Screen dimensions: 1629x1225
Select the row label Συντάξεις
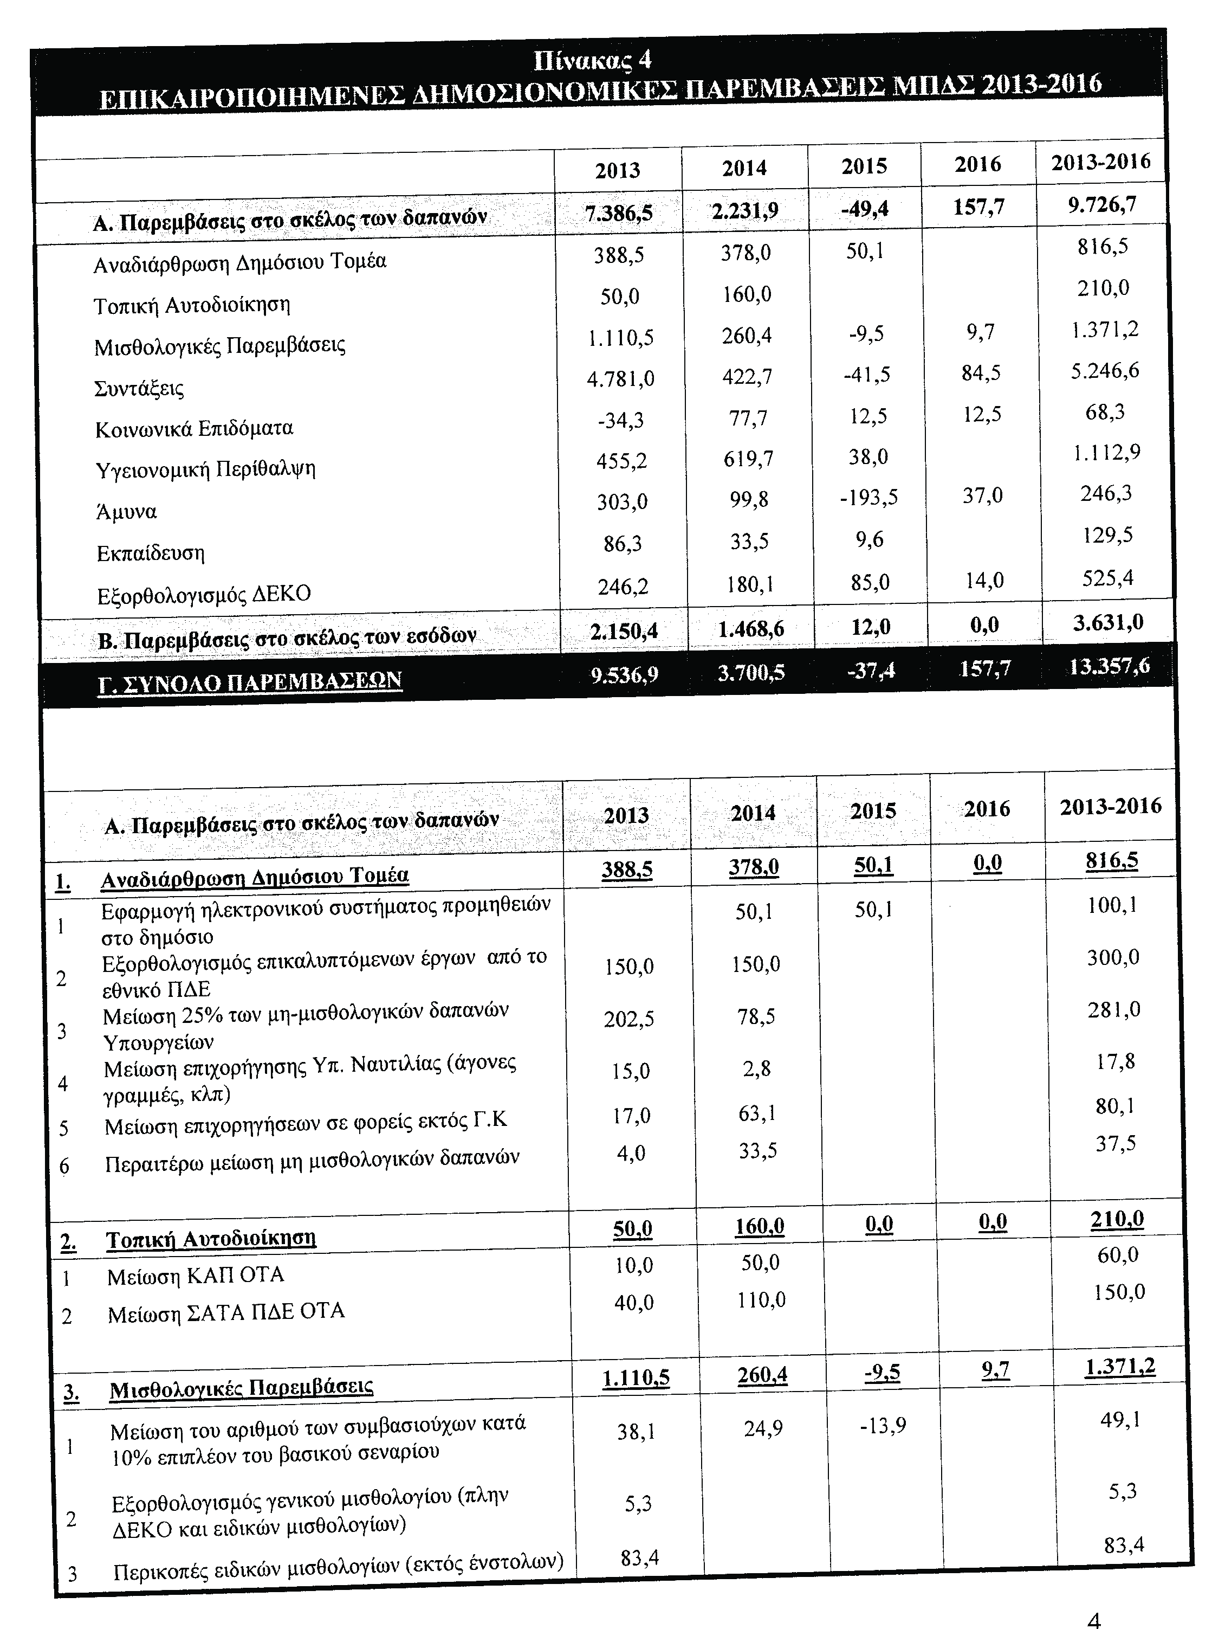coord(139,388)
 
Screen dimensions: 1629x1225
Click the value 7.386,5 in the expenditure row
coord(618,213)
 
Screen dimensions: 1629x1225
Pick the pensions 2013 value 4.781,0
coord(620,378)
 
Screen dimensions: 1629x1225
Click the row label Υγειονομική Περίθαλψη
coord(205,469)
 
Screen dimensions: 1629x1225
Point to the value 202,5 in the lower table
coord(628,1019)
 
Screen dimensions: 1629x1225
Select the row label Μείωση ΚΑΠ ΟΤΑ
coord(195,1275)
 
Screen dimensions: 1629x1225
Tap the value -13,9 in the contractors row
coord(882,1427)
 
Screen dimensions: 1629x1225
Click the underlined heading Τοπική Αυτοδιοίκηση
coord(211,1239)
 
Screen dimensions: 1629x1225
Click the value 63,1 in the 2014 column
coord(757,1113)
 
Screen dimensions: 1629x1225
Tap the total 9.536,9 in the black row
coord(624,674)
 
